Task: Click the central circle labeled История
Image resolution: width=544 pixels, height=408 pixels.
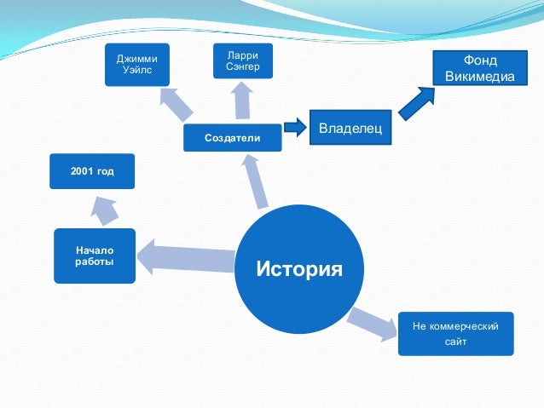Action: (x=299, y=270)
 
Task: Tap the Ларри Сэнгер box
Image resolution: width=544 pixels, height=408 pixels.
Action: (x=243, y=61)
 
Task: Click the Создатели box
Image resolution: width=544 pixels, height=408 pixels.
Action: (x=233, y=138)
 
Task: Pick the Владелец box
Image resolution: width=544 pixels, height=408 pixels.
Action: (x=350, y=128)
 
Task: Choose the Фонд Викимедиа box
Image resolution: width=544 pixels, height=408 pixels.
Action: (x=480, y=69)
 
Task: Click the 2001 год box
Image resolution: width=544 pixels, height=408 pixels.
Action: (x=93, y=171)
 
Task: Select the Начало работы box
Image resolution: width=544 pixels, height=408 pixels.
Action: (x=94, y=256)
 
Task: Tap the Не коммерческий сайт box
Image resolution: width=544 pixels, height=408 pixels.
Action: (x=455, y=334)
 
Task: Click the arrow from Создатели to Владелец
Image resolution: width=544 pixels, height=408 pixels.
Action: (x=294, y=128)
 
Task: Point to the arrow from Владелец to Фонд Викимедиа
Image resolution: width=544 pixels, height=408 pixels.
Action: (x=417, y=103)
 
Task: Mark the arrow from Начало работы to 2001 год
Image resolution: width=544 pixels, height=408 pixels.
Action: (x=105, y=209)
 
